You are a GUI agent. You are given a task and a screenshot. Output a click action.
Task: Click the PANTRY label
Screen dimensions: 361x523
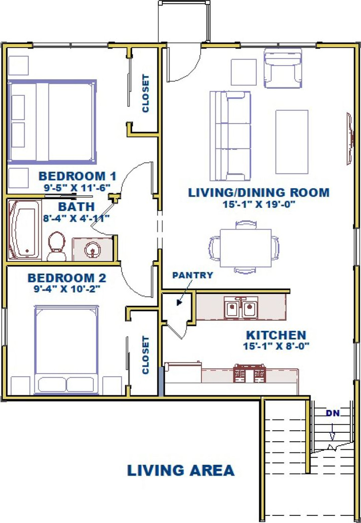point(192,275)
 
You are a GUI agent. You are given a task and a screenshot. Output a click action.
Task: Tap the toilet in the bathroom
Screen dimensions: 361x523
point(56,246)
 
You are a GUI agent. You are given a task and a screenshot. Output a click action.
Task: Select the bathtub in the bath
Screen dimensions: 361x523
point(24,229)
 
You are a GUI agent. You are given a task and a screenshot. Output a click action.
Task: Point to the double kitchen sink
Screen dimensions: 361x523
point(241,308)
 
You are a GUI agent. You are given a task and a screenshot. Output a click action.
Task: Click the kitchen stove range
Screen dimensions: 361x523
point(250,373)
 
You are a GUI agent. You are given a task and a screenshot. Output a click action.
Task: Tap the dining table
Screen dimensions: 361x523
point(246,248)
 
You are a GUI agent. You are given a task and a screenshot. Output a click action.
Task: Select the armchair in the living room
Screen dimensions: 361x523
point(283,69)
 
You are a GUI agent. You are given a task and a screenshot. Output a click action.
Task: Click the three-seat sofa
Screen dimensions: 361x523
point(230,136)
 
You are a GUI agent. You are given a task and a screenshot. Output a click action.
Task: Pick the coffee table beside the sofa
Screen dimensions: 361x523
point(291,142)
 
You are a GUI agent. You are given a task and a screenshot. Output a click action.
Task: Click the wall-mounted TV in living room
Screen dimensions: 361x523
point(350,139)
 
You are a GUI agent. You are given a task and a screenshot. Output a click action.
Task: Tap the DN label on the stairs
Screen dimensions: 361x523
point(332,413)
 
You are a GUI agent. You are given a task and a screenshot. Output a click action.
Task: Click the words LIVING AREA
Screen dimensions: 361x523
point(181,471)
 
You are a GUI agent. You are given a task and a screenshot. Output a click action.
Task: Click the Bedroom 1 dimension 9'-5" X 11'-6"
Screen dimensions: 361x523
point(77,187)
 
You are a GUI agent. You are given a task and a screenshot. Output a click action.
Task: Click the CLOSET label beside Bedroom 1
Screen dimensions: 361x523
point(145,93)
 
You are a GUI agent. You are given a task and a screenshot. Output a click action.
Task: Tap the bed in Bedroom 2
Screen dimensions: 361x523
point(67,350)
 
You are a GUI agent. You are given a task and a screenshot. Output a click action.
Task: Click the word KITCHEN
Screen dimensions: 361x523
point(276,334)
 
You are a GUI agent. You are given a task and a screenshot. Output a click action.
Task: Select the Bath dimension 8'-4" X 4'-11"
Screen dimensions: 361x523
point(77,218)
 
